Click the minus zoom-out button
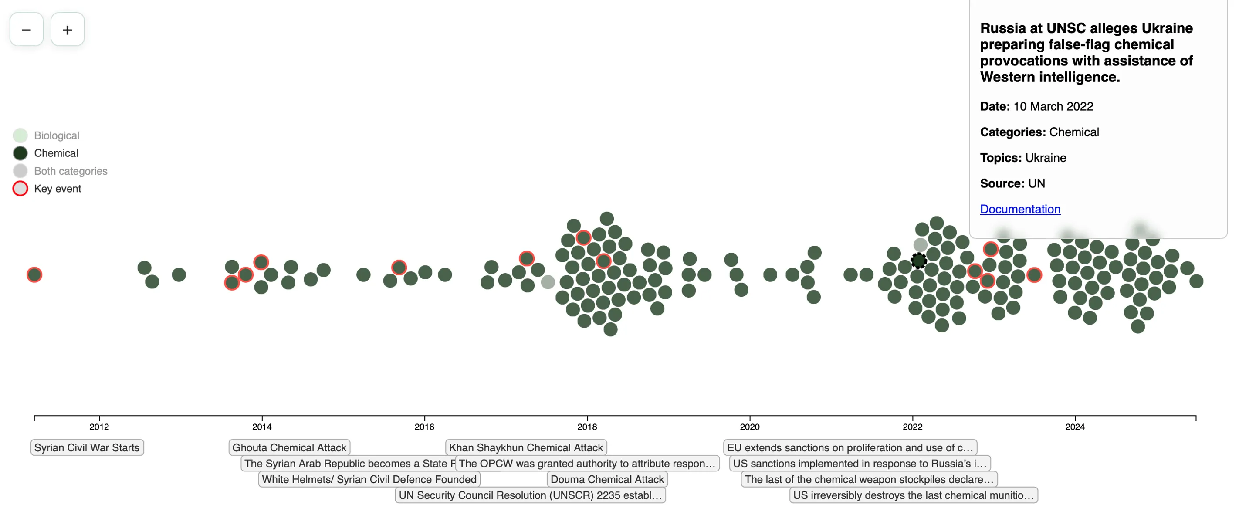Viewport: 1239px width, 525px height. pyautogui.click(x=27, y=30)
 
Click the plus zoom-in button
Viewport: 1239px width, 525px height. pyautogui.click(x=68, y=30)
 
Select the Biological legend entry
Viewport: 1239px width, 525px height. pyautogui.click(x=56, y=135)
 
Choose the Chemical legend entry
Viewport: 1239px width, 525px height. pyautogui.click(x=56, y=153)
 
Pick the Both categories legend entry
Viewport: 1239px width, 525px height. pyautogui.click(x=70, y=171)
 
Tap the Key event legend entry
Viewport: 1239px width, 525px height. pyautogui.click(x=57, y=189)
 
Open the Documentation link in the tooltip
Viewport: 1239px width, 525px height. pyautogui.click(x=1020, y=209)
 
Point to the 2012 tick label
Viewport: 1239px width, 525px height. pyautogui.click(x=99, y=427)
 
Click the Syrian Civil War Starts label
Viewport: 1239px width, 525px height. pyautogui.click(x=87, y=447)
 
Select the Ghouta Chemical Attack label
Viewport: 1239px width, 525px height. pyautogui.click(x=289, y=447)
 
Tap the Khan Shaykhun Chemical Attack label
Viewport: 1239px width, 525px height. pyautogui.click(x=526, y=447)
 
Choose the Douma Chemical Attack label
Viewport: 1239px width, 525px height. pyautogui.click(x=607, y=479)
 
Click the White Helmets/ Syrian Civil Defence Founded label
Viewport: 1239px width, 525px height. pyautogui.click(x=369, y=479)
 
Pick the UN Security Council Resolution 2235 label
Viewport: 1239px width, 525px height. pyautogui.click(x=530, y=495)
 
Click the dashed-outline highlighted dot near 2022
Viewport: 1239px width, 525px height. pyautogui.click(x=919, y=261)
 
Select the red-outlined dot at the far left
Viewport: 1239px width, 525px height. pyautogui.click(x=34, y=275)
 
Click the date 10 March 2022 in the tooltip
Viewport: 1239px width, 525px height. pyautogui.click(x=1053, y=106)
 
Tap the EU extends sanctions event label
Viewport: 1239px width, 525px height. pyautogui.click(x=850, y=447)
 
